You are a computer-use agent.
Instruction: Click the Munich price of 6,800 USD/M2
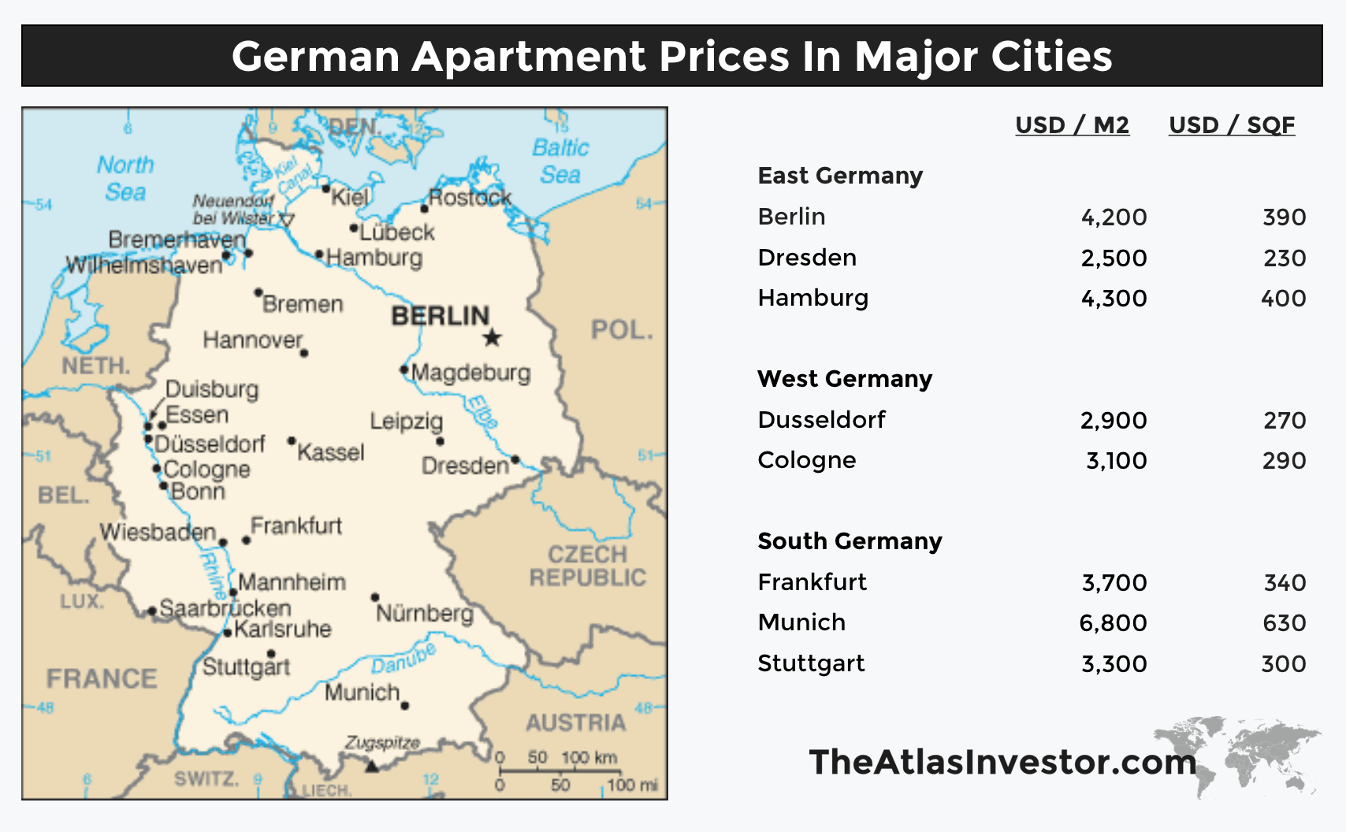(x=1113, y=623)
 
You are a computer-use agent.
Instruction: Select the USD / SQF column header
(x=1231, y=125)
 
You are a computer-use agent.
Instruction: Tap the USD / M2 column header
(x=1072, y=125)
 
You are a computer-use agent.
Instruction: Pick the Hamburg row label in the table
(x=812, y=298)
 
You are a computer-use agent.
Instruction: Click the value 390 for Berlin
(x=1284, y=217)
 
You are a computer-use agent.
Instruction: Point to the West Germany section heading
(x=844, y=379)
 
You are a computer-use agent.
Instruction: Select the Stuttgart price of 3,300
(x=1114, y=664)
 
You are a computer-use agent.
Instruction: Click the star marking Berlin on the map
(x=492, y=338)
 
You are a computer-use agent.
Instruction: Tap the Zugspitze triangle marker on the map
(x=372, y=764)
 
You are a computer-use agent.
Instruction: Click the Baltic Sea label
(x=560, y=161)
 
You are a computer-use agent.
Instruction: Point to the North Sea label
(x=125, y=178)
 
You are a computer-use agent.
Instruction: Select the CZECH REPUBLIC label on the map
(x=587, y=566)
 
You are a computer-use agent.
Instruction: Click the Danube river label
(x=403, y=659)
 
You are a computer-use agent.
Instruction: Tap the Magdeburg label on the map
(x=470, y=372)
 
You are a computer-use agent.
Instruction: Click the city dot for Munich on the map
(x=405, y=706)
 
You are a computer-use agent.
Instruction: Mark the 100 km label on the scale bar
(x=589, y=758)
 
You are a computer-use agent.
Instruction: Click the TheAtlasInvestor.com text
(x=1002, y=762)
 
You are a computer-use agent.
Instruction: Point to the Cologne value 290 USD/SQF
(x=1284, y=461)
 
